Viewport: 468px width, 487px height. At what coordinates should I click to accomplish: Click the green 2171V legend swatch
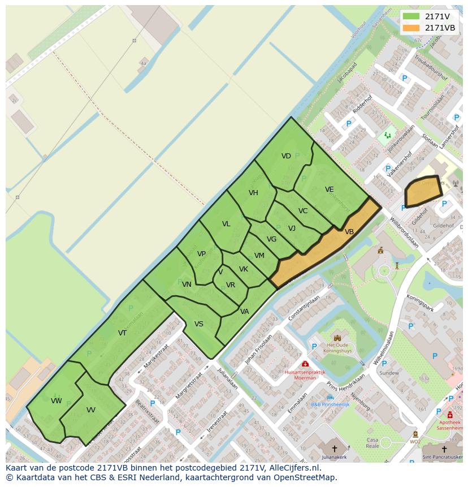point(411,16)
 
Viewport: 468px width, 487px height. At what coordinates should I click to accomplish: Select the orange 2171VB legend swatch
point(411,28)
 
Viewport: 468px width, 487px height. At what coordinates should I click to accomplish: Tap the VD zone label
point(286,156)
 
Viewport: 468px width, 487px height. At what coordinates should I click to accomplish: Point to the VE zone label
point(329,189)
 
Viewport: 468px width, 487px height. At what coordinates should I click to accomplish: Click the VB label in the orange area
point(349,232)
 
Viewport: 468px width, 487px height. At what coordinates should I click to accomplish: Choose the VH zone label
point(253,193)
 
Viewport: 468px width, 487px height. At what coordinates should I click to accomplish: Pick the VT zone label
point(122,333)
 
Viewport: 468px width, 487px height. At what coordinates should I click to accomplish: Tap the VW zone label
point(56,401)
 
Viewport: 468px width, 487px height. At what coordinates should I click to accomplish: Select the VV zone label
point(90,410)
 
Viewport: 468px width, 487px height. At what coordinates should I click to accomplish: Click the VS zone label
point(199,324)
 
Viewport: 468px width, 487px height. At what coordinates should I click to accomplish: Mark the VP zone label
point(201,254)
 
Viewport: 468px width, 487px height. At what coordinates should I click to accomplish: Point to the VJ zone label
point(292,229)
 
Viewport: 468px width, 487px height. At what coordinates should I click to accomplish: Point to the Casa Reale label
point(372,442)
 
